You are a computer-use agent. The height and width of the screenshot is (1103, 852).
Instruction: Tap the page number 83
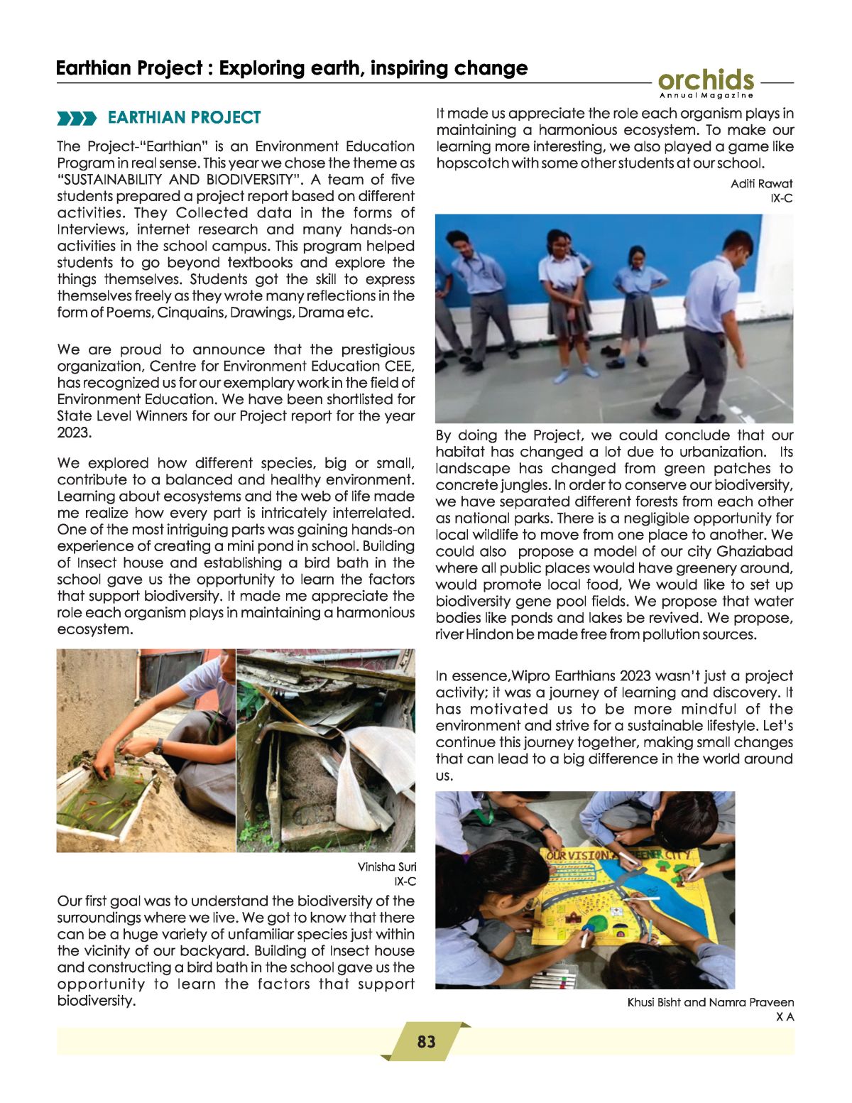[x=426, y=1042]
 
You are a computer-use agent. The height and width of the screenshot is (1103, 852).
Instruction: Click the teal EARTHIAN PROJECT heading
[x=184, y=117]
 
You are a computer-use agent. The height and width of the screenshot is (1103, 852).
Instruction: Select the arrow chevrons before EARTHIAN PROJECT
[x=76, y=118]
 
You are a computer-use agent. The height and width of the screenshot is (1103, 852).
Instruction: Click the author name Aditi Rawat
[x=761, y=183]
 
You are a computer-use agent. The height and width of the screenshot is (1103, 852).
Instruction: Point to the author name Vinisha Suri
[x=386, y=866]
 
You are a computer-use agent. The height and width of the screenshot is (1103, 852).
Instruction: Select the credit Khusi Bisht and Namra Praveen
[x=710, y=1002]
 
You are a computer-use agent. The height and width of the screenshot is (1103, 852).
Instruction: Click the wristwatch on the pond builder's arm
[x=158, y=746]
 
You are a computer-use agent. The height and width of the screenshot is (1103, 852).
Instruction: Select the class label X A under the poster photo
[x=785, y=1017]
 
